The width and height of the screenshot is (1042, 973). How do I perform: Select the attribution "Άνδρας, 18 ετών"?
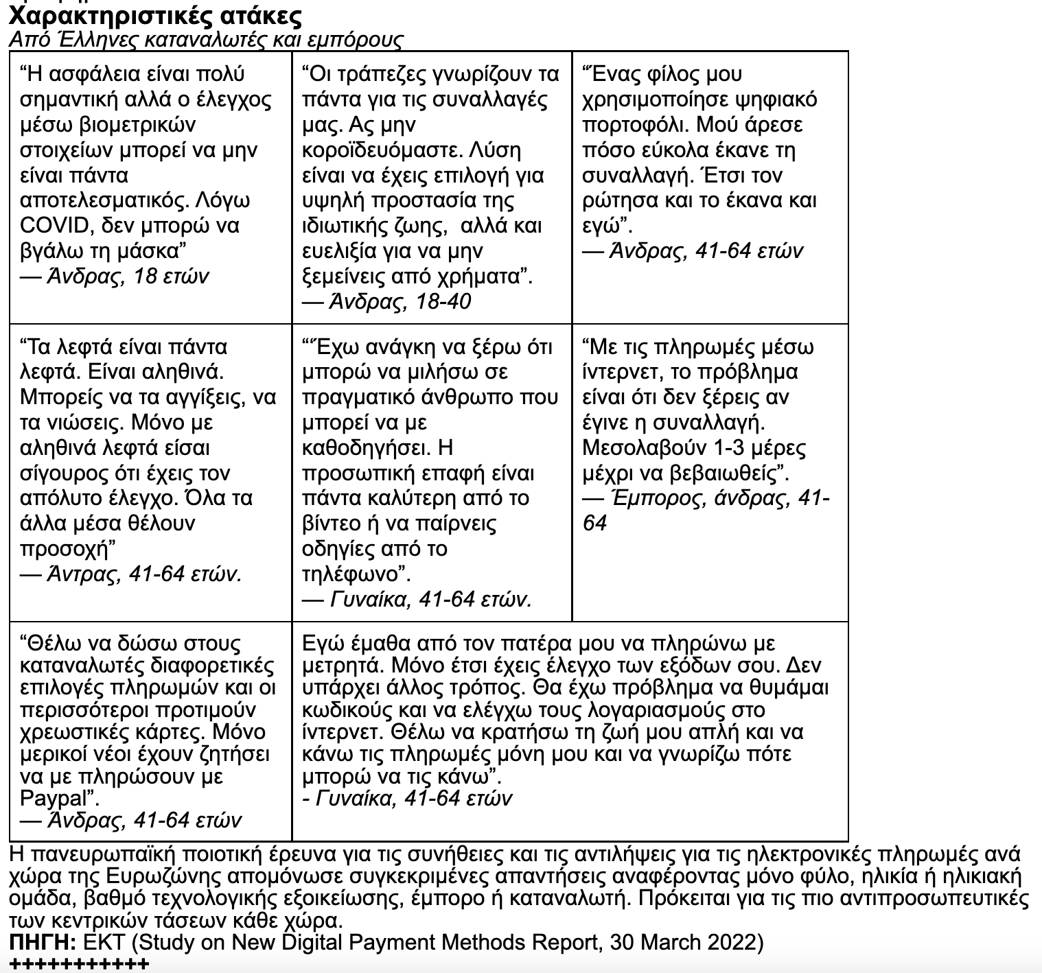pos(127,277)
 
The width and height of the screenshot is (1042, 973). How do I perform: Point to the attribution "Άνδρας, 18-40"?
pos(400,302)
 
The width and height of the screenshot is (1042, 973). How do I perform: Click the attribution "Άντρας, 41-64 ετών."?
pos(143,574)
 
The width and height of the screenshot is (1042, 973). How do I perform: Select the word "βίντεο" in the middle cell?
pos(334,524)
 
